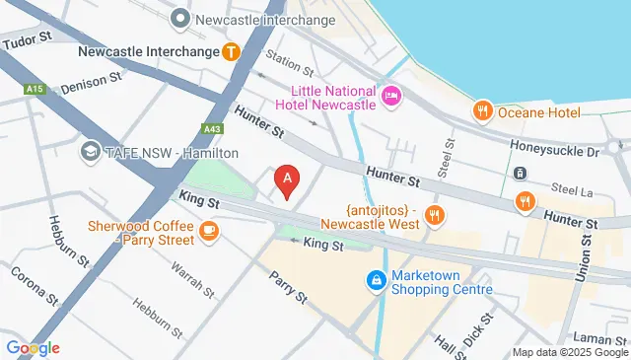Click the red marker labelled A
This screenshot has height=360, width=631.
click(x=287, y=180)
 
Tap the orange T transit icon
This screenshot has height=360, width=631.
click(x=231, y=50)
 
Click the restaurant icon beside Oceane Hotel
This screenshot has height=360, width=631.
click(x=482, y=109)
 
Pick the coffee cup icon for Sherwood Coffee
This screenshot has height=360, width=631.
click(x=208, y=231)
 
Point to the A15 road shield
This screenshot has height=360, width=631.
click(x=35, y=89)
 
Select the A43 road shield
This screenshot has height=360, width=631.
click(x=213, y=128)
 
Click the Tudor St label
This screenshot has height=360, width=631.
click(x=27, y=42)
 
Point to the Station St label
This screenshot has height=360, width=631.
click(x=289, y=65)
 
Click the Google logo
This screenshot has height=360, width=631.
click(x=33, y=347)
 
